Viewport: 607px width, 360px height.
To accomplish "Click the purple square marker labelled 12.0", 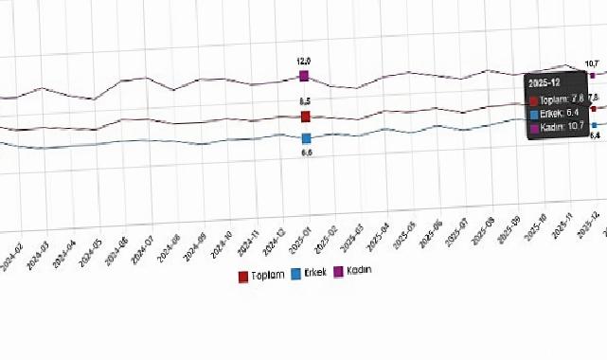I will (305, 76).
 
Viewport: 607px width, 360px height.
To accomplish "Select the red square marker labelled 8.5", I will (306, 117).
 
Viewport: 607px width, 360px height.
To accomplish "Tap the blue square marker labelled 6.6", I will (306, 138).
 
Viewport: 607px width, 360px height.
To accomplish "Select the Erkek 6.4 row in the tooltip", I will (560, 113).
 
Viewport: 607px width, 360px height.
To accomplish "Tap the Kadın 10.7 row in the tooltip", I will (560, 128).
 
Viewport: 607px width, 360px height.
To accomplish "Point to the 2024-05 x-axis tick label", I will (92, 252).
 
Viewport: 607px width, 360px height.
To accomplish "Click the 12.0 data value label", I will (305, 61).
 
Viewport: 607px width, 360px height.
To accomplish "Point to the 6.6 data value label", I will (307, 152).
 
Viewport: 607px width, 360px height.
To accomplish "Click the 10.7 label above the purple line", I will (592, 63).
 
